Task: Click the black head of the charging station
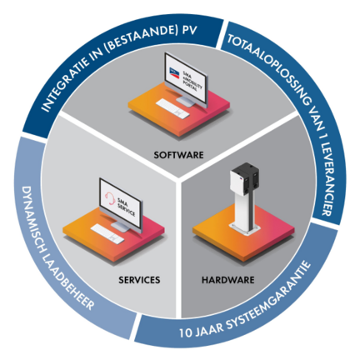245,179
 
